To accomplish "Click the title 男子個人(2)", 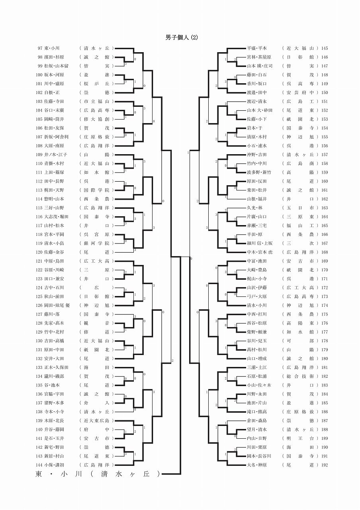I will (182, 38).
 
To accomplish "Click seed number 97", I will (40, 48).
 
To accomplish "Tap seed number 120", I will (39, 252).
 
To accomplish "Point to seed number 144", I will (39, 465).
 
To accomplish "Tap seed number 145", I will (325, 48).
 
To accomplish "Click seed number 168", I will (325, 252).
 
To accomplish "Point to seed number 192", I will (325, 465).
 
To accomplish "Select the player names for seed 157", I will (256, 155).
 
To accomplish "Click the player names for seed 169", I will (256, 261).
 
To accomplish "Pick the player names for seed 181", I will (256, 367).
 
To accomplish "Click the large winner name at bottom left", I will (98, 474).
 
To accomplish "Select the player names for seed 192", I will (256, 465).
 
